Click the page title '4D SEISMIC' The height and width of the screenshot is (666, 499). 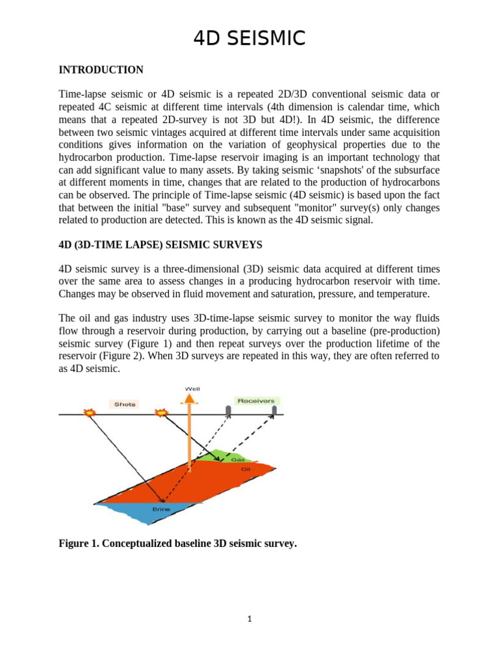249,38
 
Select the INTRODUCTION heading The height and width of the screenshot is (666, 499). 101,70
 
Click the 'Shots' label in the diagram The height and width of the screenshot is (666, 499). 125,404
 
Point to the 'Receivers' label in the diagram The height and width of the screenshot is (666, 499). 255,401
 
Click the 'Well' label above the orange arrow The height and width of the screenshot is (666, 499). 193,389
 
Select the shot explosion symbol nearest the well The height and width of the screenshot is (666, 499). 160,413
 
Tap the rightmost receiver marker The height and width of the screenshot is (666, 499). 274,410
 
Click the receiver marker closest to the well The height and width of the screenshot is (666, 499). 228,410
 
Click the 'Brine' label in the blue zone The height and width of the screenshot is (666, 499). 160,509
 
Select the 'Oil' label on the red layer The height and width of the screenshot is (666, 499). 245,468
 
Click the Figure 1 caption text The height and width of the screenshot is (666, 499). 177,544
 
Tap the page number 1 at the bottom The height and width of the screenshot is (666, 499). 249,619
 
